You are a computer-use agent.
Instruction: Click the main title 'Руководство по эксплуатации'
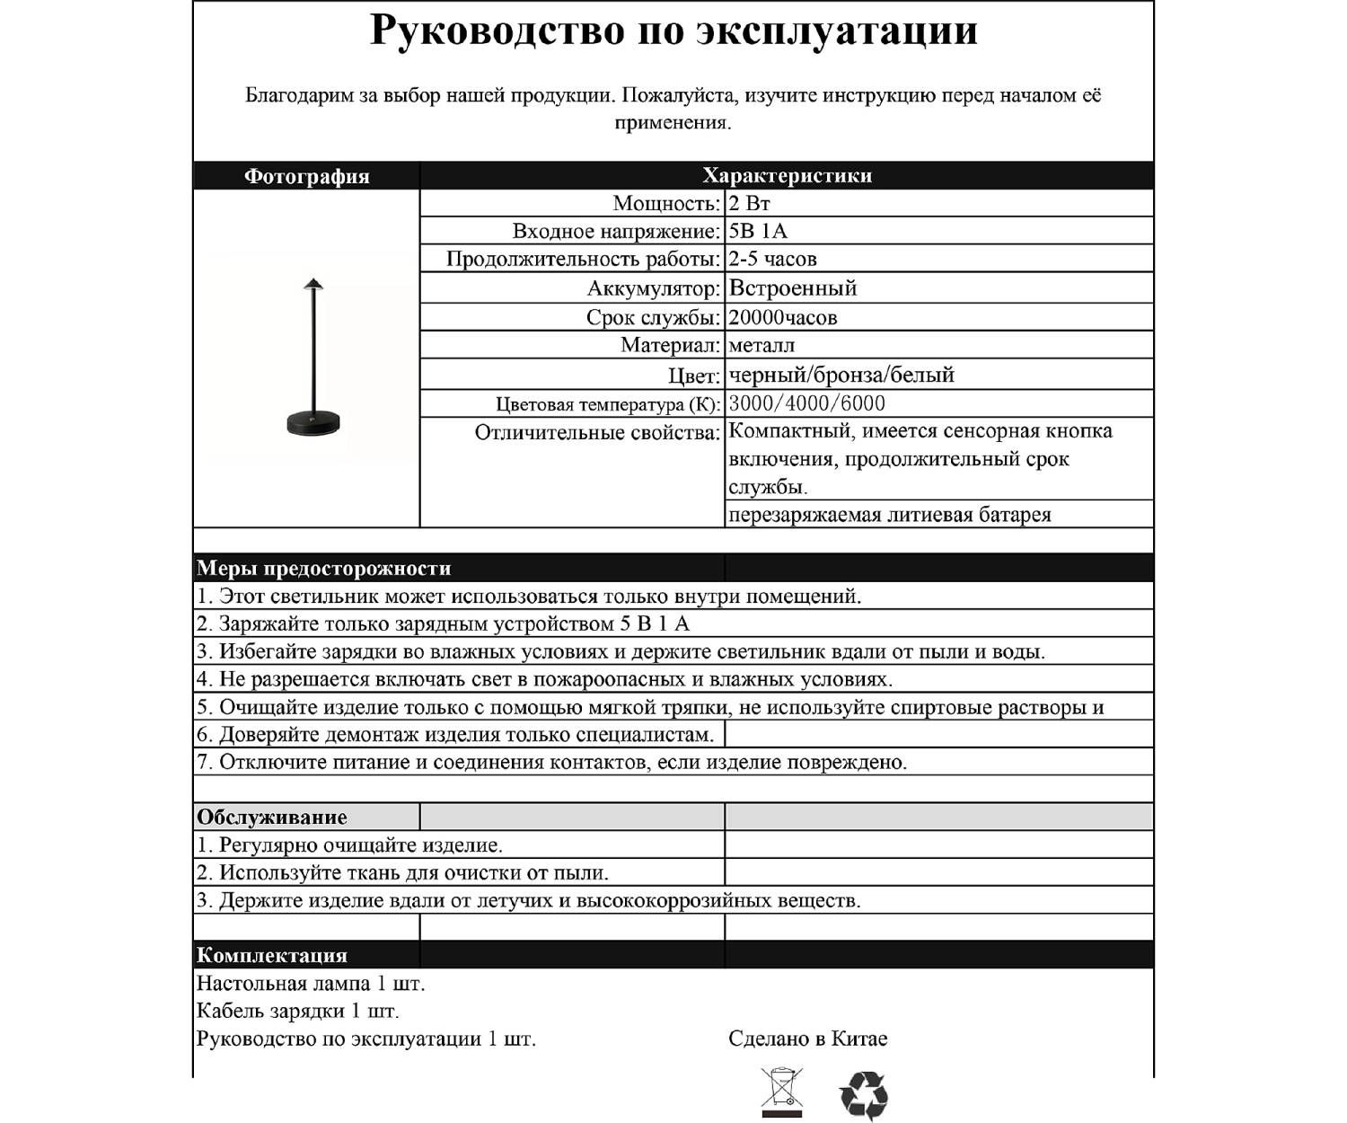coord(673,31)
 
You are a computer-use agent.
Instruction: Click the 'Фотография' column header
coord(307,176)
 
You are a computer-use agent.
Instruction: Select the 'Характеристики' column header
coord(787,175)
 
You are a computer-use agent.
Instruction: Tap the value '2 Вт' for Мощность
coord(749,203)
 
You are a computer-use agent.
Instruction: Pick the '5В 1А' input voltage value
coord(758,231)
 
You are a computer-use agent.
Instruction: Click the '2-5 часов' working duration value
coord(772,260)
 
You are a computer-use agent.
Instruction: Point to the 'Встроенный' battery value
coord(793,288)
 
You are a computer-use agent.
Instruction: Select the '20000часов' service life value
coord(783,317)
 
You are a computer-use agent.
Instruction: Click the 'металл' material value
coord(762,345)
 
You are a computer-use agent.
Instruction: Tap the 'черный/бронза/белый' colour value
coord(841,375)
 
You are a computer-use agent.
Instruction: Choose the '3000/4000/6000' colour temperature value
coord(807,403)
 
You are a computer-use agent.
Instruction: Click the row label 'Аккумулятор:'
coord(654,288)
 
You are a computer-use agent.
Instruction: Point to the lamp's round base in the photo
coord(313,422)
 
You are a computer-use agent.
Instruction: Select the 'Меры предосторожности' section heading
coord(323,568)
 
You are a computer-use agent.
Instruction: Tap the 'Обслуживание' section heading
coord(271,817)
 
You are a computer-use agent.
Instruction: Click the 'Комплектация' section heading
coord(271,955)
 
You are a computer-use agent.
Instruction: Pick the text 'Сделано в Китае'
coord(807,1039)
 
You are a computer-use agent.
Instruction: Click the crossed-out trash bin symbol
coord(781,1092)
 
